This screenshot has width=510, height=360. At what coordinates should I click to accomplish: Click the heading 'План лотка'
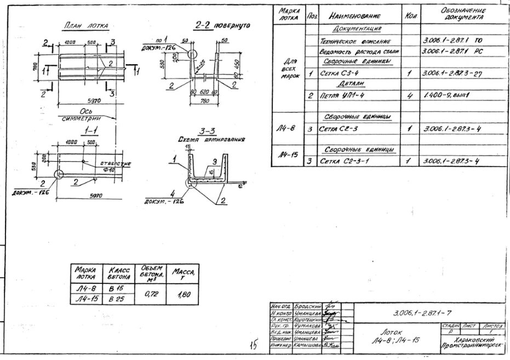[86, 26]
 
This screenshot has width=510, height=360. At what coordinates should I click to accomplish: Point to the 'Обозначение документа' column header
[463, 14]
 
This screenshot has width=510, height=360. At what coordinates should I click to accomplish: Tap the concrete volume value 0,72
[150, 294]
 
